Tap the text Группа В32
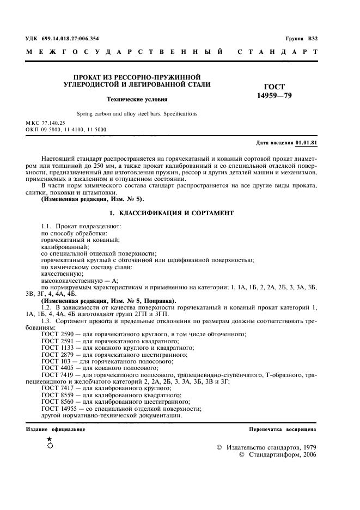click(x=301, y=39)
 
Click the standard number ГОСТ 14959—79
click(x=274, y=91)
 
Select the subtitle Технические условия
click(x=137, y=100)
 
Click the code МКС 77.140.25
click(x=46, y=124)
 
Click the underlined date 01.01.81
click(x=307, y=142)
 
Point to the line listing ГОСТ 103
click(x=112, y=361)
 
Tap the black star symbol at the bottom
click(x=50, y=439)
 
